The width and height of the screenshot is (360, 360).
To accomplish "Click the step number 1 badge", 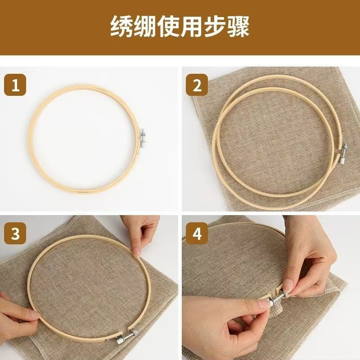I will click(x=16, y=85).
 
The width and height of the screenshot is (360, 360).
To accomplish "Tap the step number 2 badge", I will click(x=197, y=85).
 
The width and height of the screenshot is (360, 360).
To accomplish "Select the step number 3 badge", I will click(x=16, y=234).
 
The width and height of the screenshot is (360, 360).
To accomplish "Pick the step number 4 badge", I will click(x=197, y=234).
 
